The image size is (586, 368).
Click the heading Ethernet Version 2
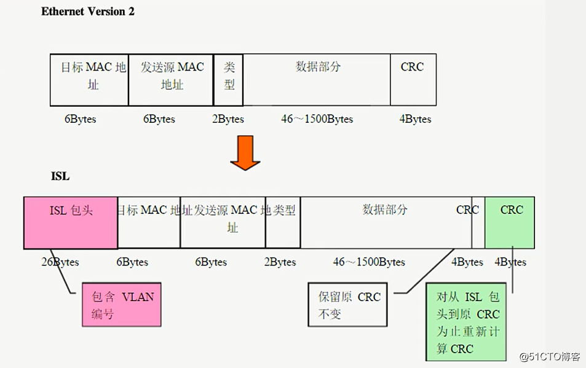pyautogui.click(x=88, y=12)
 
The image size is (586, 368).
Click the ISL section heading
pyautogui.click(x=60, y=177)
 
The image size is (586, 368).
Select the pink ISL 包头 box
pyautogui.click(x=71, y=222)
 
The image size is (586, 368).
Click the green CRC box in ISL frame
pyautogui.click(x=510, y=222)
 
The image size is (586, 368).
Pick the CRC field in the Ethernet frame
pyautogui.click(x=413, y=79)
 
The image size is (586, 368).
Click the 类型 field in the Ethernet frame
pyautogui.click(x=229, y=79)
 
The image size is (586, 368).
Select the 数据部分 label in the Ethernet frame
pyautogui.click(x=318, y=67)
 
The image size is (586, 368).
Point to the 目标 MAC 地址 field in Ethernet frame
pyautogui.click(x=90, y=79)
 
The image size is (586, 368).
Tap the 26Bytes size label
pyautogui.click(x=60, y=262)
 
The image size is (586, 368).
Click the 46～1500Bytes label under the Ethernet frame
pyautogui.click(x=317, y=119)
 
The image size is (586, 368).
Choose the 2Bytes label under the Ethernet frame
pyautogui.click(x=228, y=119)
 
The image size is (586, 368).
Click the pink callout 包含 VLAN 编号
pyautogui.click(x=122, y=305)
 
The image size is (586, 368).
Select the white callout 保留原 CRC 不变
pyautogui.click(x=348, y=305)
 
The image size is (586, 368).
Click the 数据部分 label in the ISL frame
pyautogui.click(x=385, y=210)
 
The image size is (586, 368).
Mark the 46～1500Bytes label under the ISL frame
pyautogui.click(x=369, y=262)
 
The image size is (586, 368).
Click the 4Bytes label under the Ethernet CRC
pyautogui.click(x=415, y=119)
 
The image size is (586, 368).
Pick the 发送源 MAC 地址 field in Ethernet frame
pyautogui.click(x=171, y=79)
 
